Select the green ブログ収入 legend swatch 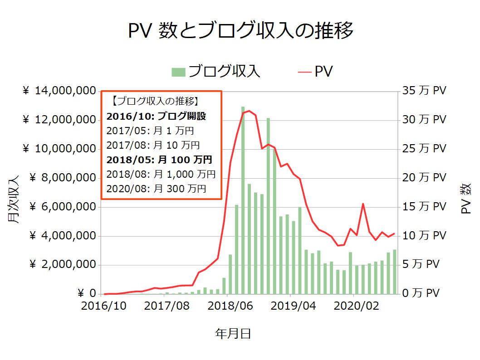(178, 71)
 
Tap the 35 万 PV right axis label (424, 91)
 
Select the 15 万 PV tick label (424, 207)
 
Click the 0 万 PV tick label (421, 293)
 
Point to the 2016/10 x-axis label (104, 306)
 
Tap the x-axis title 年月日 (233, 334)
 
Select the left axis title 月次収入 (13, 199)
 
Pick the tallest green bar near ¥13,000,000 (243, 199)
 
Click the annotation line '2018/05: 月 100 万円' (159, 160)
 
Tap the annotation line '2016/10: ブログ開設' (156, 117)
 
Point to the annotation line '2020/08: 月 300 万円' (156, 188)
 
